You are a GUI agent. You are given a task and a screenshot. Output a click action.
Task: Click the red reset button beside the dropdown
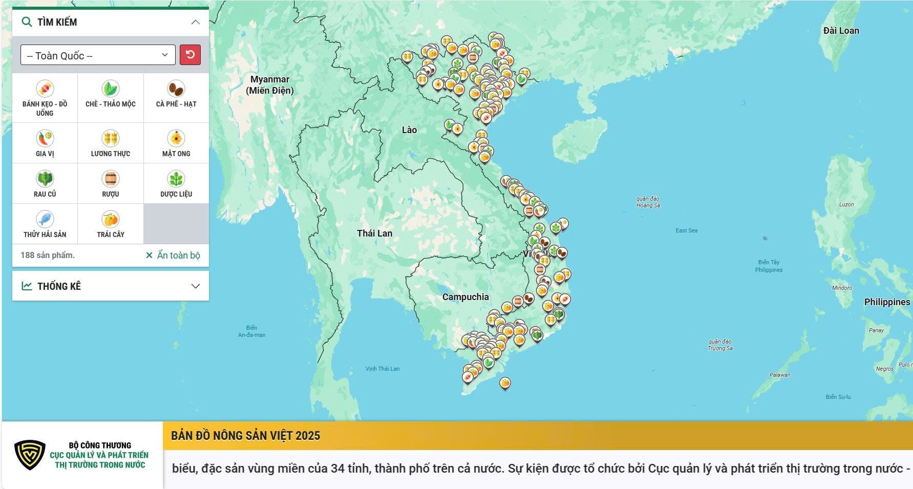(x=190, y=55)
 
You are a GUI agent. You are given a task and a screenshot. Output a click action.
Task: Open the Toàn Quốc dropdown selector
(x=98, y=55)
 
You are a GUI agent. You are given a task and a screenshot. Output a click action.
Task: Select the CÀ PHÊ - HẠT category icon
(x=176, y=89)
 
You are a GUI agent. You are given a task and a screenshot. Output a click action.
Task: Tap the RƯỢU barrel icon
(x=110, y=179)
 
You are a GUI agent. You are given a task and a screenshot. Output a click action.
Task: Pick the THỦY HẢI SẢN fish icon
(x=45, y=220)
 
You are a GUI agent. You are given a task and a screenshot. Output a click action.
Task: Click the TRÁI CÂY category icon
(x=110, y=220)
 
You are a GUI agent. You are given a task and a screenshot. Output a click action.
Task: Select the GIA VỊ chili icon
(x=45, y=139)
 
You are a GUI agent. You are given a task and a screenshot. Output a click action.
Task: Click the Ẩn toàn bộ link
(x=173, y=255)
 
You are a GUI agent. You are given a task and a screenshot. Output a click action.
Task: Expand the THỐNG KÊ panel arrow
(x=195, y=286)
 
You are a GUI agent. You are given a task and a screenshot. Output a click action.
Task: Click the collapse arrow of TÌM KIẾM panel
(x=195, y=22)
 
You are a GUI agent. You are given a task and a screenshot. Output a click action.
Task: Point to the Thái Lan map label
(x=374, y=233)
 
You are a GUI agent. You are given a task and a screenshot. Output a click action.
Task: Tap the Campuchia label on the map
(x=465, y=297)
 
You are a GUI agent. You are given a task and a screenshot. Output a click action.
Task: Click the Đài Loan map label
(x=841, y=31)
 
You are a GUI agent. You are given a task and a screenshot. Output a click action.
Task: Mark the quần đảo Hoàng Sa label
(x=648, y=202)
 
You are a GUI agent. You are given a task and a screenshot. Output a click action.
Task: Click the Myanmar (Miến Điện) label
(x=270, y=85)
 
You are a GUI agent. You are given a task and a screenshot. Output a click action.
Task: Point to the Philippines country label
(x=886, y=302)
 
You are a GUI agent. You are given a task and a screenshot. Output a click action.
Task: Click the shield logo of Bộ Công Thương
(x=30, y=455)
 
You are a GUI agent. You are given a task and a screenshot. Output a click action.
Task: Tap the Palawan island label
(x=779, y=375)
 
